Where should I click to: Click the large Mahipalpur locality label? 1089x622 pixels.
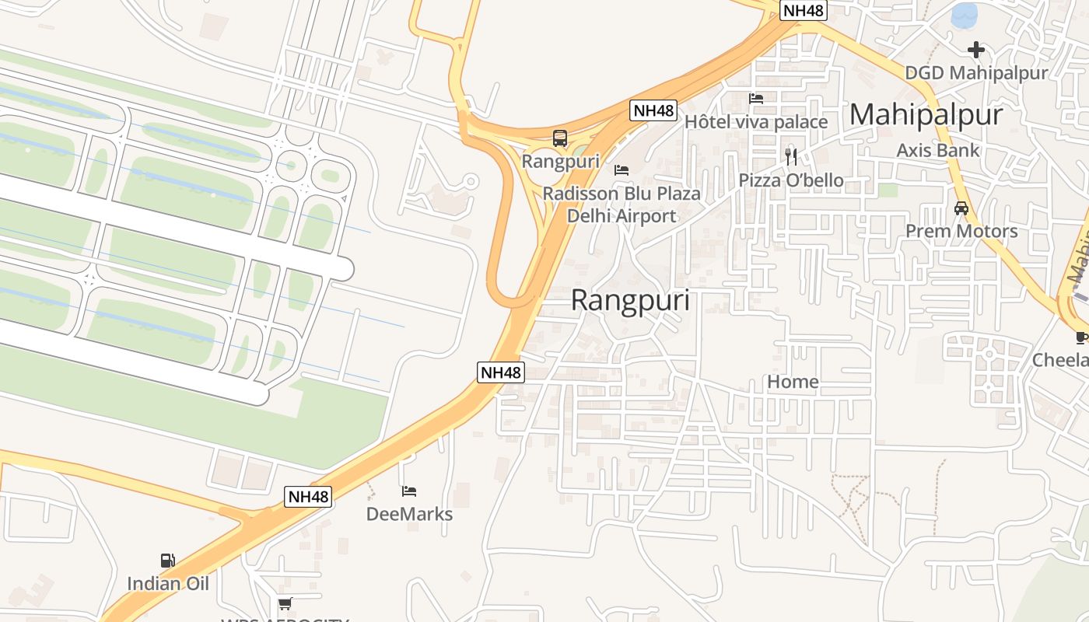pyautogui.click(x=926, y=115)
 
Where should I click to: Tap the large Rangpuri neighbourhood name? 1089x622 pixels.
pyautogui.click(x=630, y=300)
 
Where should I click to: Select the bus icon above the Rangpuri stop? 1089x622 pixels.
pyautogui.click(x=560, y=139)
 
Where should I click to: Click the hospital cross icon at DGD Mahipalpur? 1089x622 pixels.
pyautogui.click(x=975, y=51)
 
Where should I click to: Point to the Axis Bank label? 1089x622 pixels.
pyautogui.click(x=937, y=150)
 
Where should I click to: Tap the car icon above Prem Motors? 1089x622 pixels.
pyautogui.click(x=961, y=208)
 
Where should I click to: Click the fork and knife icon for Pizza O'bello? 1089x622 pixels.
pyautogui.click(x=791, y=157)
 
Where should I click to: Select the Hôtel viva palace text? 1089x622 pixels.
pyautogui.click(x=755, y=122)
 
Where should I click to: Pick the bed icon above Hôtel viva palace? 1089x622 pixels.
pyautogui.click(x=755, y=99)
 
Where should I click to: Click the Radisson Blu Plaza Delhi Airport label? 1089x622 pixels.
pyautogui.click(x=622, y=204)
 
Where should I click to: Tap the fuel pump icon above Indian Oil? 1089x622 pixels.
pyautogui.click(x=167, y=560)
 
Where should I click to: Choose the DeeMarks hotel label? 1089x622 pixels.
pyautogui.click(x=409, y=514)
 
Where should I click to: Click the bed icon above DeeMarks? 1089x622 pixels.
pyautogui.click(x=409, y=491)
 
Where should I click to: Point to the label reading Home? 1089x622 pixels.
pyautogui.click(x=793, y=382)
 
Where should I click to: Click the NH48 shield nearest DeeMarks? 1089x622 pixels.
pyautogui.click(x=308, y=496)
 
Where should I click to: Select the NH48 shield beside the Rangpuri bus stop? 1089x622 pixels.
pyautogui.click(x=653, y=110)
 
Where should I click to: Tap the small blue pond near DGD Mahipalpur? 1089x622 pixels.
pyautogui.click(x=965, y=14)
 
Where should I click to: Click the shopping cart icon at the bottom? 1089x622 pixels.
pyautogui.click(x=285, y=603)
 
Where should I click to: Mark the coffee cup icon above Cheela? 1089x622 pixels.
pyautogui.click(x=1082, y=337)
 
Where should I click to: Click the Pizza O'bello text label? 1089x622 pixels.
pyautogui.click(x=790, y=180)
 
